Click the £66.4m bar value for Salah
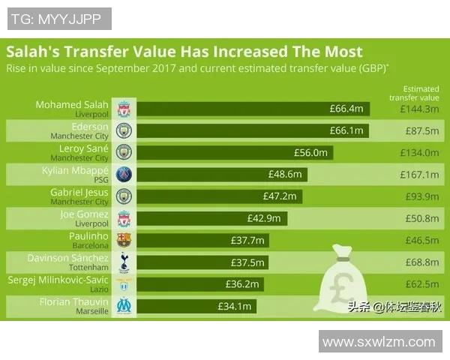(x=346, y=109)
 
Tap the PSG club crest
(x=124, y=175)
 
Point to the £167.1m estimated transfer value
(x=419, y=175)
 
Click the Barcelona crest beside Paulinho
(x=124, y=240)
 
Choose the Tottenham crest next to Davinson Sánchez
(x=124, y=262)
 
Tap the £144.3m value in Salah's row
(x=419, y=109)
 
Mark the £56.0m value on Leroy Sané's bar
(x=311, y=153)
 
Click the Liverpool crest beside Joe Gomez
(x=124, y=218)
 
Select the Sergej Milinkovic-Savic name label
(x=58, y=280)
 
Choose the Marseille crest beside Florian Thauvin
(x=124, y=306)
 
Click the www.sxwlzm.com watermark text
(x=379, y=342)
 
